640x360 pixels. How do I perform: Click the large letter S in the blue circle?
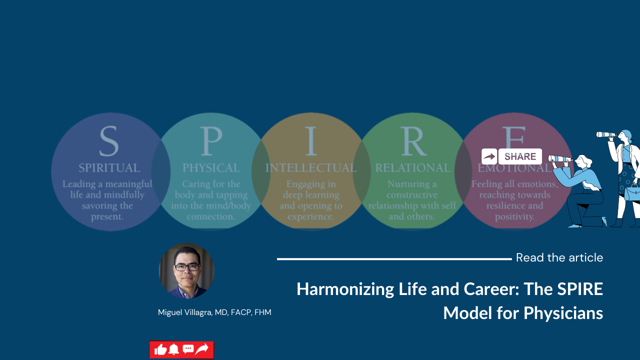(109, 141)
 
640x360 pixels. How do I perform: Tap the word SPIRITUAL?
(109, 167)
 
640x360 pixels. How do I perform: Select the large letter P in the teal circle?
(211, 141)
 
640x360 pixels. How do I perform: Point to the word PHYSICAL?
(211, 167)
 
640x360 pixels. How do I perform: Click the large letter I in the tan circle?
(311, 141)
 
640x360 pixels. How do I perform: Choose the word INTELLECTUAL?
(311, 167)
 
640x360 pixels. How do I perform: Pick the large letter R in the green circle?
(413, 141)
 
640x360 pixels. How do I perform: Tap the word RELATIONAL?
(413, 167)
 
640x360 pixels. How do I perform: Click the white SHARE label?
(520, 156)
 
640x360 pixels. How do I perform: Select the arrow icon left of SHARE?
(489, 156)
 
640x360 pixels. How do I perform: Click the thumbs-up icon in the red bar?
(160, 349)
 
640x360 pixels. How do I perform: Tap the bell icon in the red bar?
(173, 349)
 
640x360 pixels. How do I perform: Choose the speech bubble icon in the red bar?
(188, 349)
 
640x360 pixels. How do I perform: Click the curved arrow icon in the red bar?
(202, 349)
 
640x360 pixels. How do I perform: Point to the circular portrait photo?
(186, 271)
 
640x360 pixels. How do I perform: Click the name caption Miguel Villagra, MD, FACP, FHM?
(214, 312)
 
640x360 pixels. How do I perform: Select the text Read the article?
(559, 257)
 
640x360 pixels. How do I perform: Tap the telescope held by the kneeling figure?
(560, 159)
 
